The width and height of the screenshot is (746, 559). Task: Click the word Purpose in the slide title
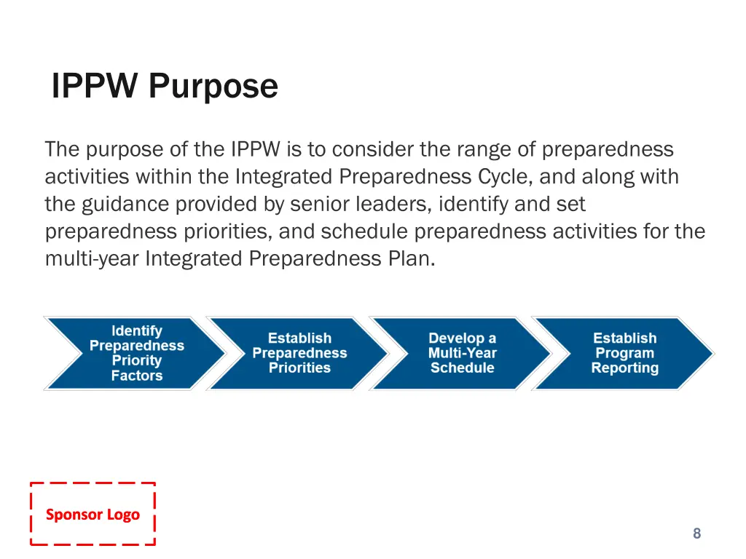click(x=213, y=87)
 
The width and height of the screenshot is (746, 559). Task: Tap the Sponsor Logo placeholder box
click(x=93, y=514)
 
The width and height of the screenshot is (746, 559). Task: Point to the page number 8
click(x=696, y=534)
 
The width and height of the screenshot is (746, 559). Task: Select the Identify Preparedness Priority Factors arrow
click(x=136, y=354)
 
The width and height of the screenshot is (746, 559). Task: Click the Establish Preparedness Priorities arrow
click(x=299, y=354)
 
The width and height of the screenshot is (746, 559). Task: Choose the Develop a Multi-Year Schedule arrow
click(x=462, y=354)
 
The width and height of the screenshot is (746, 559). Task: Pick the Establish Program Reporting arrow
click(x=624, y=354)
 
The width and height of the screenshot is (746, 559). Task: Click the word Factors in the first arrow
click(x=137, y=376)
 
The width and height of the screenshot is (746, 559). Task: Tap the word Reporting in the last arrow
click(x=624, y=368)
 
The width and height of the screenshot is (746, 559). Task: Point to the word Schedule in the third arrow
click(x=462, y=368)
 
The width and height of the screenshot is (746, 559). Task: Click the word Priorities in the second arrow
click(x=299, y=368)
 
